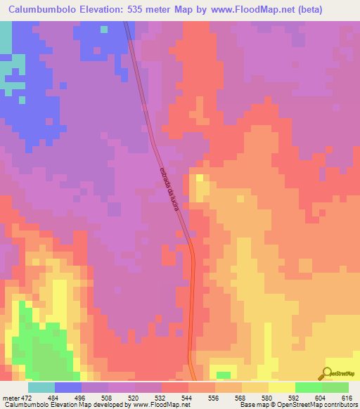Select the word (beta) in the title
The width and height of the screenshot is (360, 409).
pyautogui.click(x=335, y=10)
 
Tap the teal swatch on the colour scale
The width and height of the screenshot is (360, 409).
pyautogui.click(x=41, y=387)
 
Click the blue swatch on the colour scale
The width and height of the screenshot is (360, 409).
pyautogui.click(x=68, y=387)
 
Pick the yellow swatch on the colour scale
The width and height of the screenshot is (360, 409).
pyautogui.click(x=282, y=387)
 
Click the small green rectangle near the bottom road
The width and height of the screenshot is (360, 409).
pyautogui.click(x=223, y=375)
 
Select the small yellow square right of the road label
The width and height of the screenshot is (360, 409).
pyautogui.click(x=200, y=178)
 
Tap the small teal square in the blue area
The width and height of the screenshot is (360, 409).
pyautogui.click(x=104, y=30)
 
